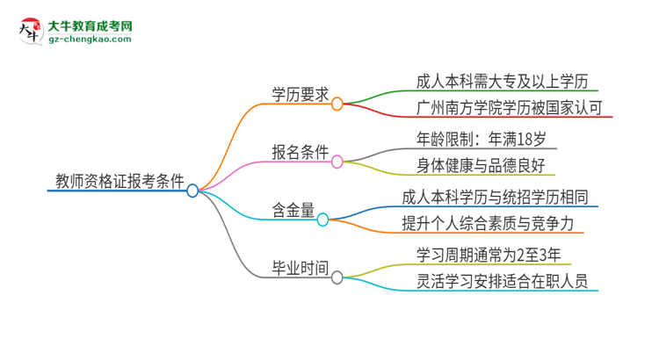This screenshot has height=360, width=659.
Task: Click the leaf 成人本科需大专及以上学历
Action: (x=496, y=81)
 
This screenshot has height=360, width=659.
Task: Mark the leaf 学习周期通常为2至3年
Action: (x=488, y=254)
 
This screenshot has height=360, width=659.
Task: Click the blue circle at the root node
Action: (x=193, y=190)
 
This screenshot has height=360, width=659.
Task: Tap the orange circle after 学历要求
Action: (x=337, y=104)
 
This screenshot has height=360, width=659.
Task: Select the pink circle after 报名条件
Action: (x=337, y=162)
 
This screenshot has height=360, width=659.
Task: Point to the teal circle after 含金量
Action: (x=322, y=220)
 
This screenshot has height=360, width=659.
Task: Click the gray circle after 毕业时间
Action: (x=337, y=277)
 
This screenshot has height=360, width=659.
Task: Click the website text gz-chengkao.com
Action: (x=91, y=40)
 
